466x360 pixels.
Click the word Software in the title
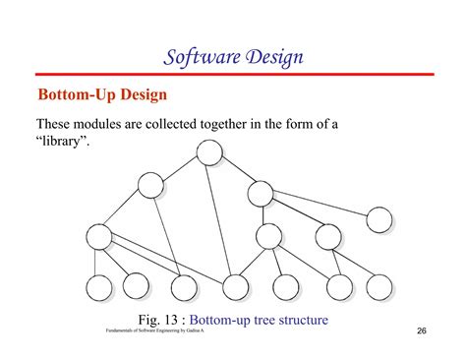pos(196,55)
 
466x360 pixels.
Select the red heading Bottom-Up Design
pos(102,94)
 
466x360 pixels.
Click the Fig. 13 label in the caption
pos(159,320)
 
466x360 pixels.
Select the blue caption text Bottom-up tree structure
pos(259,320)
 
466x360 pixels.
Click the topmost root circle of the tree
pos(209,151)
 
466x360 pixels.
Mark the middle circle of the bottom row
pos(236,287)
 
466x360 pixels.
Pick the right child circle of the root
pos(261,193)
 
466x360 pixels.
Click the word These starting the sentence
pos(55,125)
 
